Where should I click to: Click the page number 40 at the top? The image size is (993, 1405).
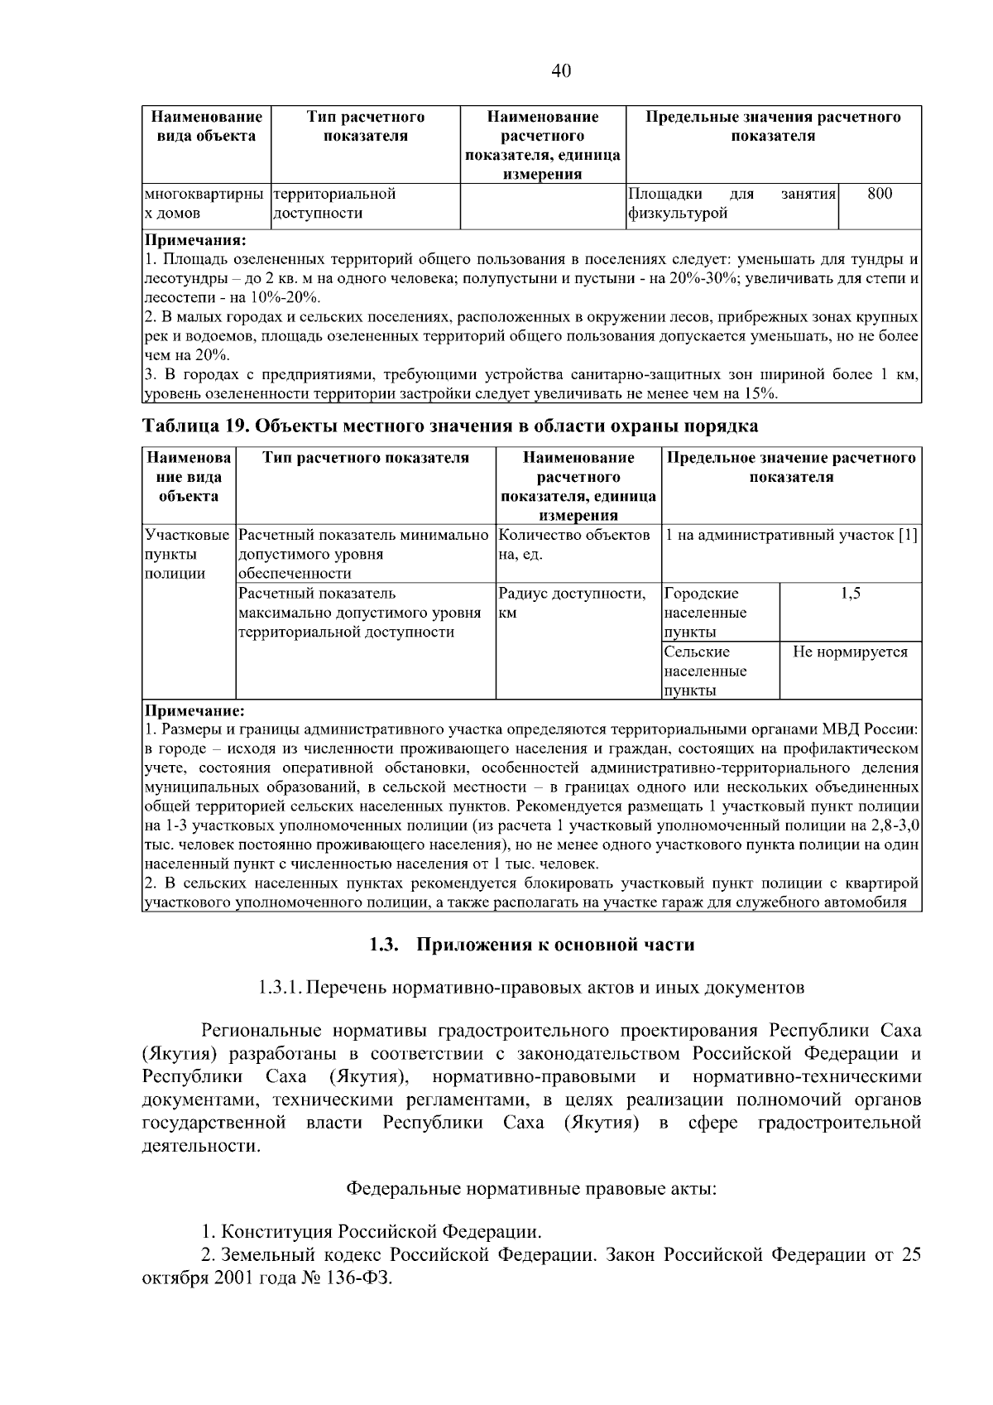click(x=561, y=71)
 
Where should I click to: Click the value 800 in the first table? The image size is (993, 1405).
click(x=879, y=194)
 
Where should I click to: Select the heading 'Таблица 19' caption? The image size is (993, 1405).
click(x=450, y=426)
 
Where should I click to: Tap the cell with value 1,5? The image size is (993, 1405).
click(x=850, y=594)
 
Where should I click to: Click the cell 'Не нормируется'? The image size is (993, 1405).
click(x=850, y=652)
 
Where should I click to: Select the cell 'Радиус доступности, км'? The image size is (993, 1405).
click(x=573, y=604)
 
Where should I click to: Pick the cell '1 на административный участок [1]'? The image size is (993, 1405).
click(x=792, y=536)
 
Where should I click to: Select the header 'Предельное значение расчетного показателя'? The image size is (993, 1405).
click(x=792, y=468)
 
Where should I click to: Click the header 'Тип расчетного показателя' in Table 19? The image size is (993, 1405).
click(x=366, y=458)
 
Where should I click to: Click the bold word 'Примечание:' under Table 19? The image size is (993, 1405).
click(x=194, y=711)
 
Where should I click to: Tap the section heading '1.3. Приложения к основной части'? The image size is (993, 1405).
click(x=531, y=945)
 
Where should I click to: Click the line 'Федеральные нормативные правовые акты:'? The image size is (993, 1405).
click(x=530, y=1189)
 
